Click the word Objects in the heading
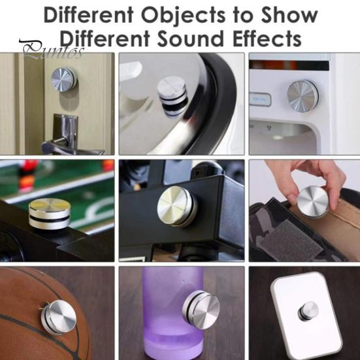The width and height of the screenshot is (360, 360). click(183, 16)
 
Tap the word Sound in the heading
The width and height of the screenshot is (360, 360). click(190, 39)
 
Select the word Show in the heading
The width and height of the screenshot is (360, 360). click(289, 15)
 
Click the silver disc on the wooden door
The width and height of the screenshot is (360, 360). click(64, 80)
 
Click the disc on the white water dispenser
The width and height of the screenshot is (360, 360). click(303, 96)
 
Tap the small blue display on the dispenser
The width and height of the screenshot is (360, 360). click(260, 99)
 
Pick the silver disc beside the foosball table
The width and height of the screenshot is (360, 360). click(50, 214)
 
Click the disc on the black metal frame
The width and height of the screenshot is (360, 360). click(177, 206)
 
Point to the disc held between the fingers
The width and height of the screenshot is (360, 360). click(313, 202)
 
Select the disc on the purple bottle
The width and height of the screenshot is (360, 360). click(201, 310)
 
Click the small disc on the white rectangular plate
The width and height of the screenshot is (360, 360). click(308, 312)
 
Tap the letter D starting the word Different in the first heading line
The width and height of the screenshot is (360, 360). click(51, 15)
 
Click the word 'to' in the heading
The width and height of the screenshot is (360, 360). click(243, 16)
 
